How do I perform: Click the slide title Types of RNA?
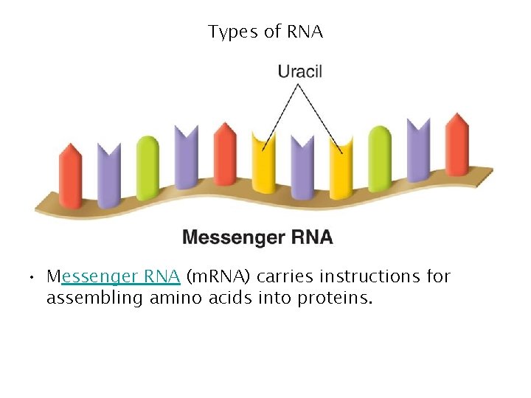[265, 32]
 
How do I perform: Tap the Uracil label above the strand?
[299, 71]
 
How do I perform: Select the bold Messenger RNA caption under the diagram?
[257, 237]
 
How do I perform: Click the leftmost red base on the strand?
[70, 177]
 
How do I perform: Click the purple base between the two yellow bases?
[302, 167]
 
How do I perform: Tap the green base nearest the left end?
[147, 167]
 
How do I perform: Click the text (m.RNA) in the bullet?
[219, 276]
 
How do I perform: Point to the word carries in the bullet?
[285, 276]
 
